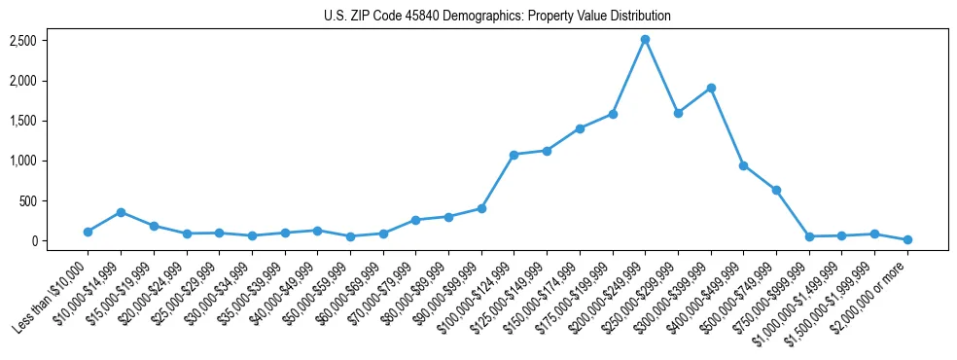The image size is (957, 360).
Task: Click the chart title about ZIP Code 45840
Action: [497, 17]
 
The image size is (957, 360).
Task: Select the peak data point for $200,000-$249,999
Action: [645, 39]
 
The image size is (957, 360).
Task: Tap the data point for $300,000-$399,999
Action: [711, 88]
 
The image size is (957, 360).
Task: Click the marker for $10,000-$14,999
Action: [121, 212]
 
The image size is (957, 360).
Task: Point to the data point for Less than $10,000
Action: [88, 232]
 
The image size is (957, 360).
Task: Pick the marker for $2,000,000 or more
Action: [907, 239]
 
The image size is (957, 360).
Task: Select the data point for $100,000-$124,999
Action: [514, 155]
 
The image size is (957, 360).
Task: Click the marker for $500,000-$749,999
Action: [776, 190]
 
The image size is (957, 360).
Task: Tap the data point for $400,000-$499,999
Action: [743, 165]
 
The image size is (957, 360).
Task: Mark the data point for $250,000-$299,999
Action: [678, 113]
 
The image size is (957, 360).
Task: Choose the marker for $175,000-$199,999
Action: [613, 114]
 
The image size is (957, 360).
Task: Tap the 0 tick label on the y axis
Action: [33, 241]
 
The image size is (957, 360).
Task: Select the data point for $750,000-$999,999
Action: [809, 236]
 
